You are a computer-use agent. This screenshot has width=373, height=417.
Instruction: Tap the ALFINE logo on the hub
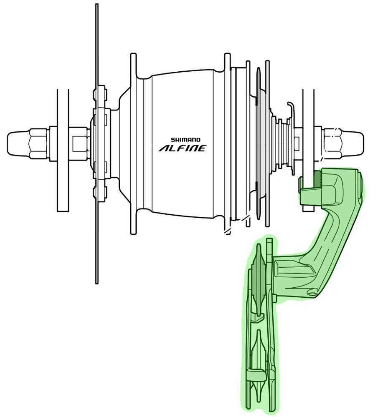coord(182,148)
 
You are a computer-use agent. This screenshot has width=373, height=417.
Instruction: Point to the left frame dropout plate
coord(63,150)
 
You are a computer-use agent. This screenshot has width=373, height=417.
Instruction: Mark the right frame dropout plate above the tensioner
coord(308,125)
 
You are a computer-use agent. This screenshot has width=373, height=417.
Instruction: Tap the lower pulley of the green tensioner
coord(257,375)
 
